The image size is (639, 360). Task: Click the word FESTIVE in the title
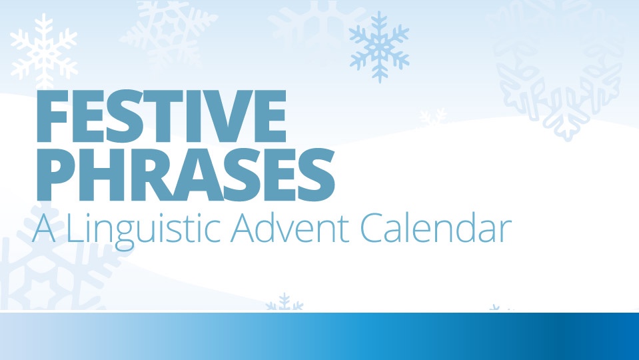click(x=161, y=116)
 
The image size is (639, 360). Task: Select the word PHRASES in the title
click(x=185, y=175)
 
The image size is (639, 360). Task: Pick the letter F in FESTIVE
click(x=52, y=116)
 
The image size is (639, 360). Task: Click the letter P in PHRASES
click(x=56, y=175)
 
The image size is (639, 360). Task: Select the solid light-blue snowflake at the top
click(x=379, y=47)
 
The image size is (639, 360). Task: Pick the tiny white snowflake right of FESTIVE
click(x=433, y=117)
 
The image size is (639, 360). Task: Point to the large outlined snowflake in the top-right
click(x=558, y=69)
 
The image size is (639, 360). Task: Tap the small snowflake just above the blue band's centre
click(x=285, y=302)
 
